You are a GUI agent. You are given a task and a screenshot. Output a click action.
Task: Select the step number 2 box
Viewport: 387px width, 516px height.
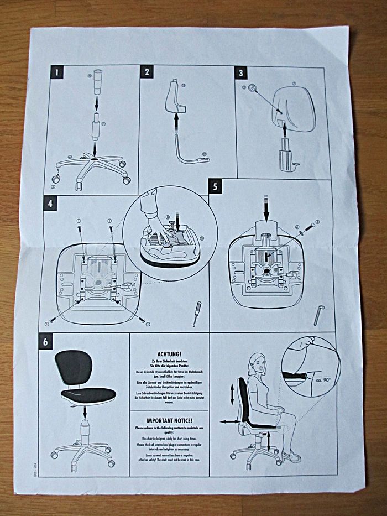[x=147, y=72]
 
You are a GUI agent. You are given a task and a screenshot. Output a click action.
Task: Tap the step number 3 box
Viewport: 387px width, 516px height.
[x=241, y=72]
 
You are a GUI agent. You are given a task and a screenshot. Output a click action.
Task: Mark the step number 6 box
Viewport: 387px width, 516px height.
[x=45, y=342]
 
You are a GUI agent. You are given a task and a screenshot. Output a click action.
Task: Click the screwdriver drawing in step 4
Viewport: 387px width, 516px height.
[x=196, y=314]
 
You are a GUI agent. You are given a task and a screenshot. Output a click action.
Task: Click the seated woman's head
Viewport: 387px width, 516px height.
[x=258, y=363]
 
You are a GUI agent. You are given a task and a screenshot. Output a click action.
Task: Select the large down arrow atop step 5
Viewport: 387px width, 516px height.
[x=266, y=209]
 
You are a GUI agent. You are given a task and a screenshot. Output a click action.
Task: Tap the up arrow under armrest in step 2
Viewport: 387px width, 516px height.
[x=176, y=119]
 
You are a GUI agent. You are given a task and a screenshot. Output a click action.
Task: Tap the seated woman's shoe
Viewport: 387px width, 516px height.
[x=291, y=457]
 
